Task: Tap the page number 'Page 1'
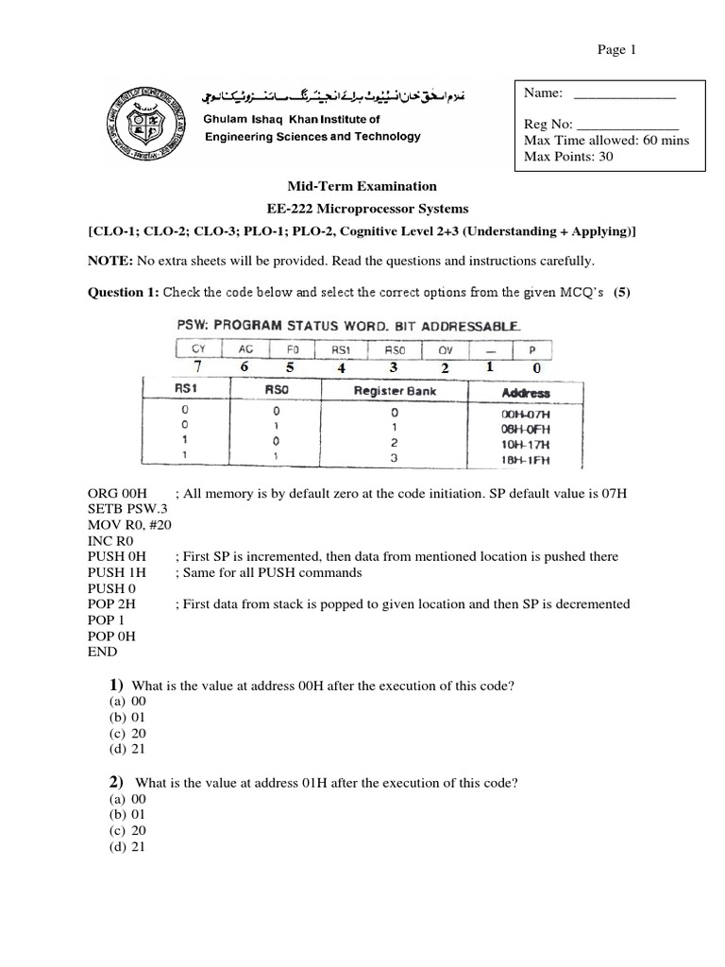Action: coord(616,51)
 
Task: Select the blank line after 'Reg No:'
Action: coord(627,125)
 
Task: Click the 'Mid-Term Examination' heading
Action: coord(362,187)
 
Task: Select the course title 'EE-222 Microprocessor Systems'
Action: coord(362,209)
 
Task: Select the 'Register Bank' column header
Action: coord(395,391)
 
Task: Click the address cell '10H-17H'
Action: coord(526,444)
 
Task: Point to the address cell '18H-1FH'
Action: coord(526,462)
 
